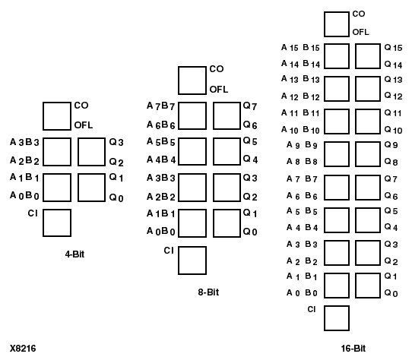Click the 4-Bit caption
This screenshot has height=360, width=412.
[x=74, y=253]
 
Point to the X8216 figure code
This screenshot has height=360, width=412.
[x=23, y=348]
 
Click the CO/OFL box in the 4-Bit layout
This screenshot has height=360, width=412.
[x=57, y=115]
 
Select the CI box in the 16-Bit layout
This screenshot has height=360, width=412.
[x=338, y=317]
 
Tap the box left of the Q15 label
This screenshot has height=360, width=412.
[x=369, y=56]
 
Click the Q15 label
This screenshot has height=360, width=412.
[x=393, y=48]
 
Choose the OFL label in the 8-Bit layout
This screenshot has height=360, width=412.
[x=218, y=89]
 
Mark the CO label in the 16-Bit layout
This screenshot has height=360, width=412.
[x=358, y=14]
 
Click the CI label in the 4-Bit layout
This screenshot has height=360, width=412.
[x=31, y=213]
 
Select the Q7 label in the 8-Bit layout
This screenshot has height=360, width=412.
[x=250, y=106]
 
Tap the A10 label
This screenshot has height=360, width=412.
[x=290, y=129]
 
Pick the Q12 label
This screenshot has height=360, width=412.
[x=393, y=96]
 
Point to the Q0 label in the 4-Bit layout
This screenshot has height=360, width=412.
[x=116, y=197]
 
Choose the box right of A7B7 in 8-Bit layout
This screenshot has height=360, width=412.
[x=192, y=115]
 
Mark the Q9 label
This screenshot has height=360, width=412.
[x=391, y=144]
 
